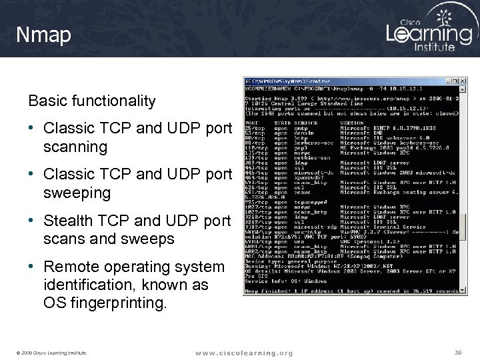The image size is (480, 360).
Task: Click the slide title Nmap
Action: tap(44, 35)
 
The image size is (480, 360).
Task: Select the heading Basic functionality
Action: tap(91, 101)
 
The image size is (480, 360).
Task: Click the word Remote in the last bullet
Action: tap(69, 267)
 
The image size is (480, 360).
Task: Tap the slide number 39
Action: tap(457, 351)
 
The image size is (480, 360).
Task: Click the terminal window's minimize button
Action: tap(448, 81)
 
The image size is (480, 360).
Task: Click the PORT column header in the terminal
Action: tap(252, 122)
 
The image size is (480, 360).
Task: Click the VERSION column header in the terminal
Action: tap(352, 122)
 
